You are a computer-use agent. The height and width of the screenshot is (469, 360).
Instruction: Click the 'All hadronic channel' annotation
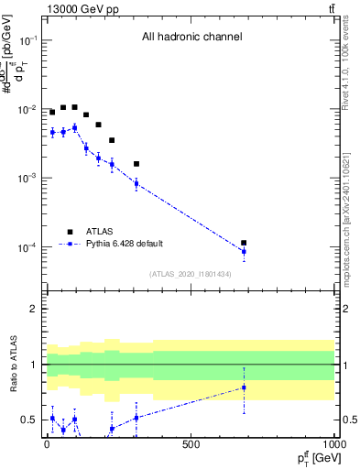point(191,38)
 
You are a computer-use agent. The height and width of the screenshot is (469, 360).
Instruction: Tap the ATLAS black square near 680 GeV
point(244,243)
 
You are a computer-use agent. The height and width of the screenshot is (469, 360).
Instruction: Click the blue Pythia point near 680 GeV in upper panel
point(244,251)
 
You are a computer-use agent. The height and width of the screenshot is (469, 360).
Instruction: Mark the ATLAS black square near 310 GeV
point(136,164)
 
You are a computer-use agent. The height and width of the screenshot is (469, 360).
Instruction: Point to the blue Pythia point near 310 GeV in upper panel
point(136,183)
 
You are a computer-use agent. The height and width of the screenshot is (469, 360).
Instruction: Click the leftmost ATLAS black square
point(52,112)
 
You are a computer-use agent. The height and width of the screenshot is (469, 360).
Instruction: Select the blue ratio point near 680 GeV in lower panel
point(244,387)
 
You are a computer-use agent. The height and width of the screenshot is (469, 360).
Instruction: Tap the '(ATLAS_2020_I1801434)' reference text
point(191,274)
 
